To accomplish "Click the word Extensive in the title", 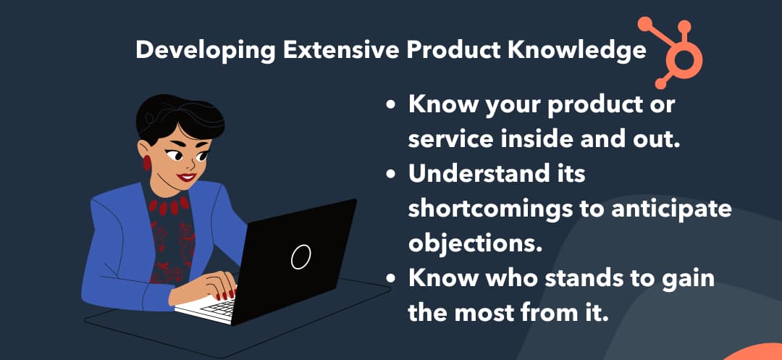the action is pos(340,51).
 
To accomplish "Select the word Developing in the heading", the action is pos(206,51).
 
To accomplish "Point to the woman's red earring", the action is pos(147,162).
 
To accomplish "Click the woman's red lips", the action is pos(187,177).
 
